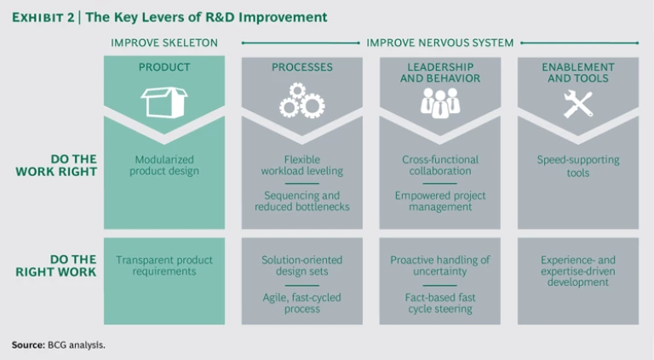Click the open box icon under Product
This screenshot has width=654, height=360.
(x=164, y=102)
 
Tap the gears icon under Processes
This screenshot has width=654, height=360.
(x=301, y=100)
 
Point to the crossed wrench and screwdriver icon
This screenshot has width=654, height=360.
(x=577, y=102)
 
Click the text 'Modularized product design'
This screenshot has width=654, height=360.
(x=164, y=165)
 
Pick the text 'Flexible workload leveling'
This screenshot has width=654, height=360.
(x=302, y=165)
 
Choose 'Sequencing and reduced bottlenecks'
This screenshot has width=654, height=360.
(x=302, y=201)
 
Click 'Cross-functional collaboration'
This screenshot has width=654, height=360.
(x=440, y=165)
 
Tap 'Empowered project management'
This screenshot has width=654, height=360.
(x=440, y=201)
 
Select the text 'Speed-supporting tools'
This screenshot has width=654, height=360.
(x=578, y=165)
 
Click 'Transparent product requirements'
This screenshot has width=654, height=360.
(x=164, y=266)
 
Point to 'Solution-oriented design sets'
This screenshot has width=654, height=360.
(x=302, y=266)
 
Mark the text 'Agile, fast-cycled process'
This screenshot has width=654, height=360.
(x=302, y=302)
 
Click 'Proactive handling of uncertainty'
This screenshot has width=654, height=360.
(x=440, y=266)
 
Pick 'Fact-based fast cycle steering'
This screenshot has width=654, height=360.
(x=440, y=302)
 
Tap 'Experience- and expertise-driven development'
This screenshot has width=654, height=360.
(x=578, y=271)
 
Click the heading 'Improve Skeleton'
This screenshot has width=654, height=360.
(x=164, y=43)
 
